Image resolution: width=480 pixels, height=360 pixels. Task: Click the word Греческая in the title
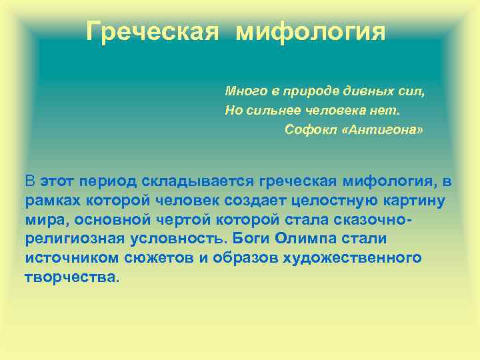tap(153, 31)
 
